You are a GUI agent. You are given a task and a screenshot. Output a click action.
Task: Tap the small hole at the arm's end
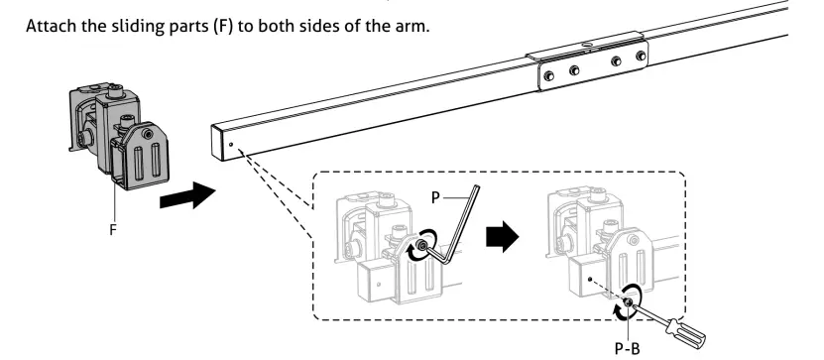[230, 143]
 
